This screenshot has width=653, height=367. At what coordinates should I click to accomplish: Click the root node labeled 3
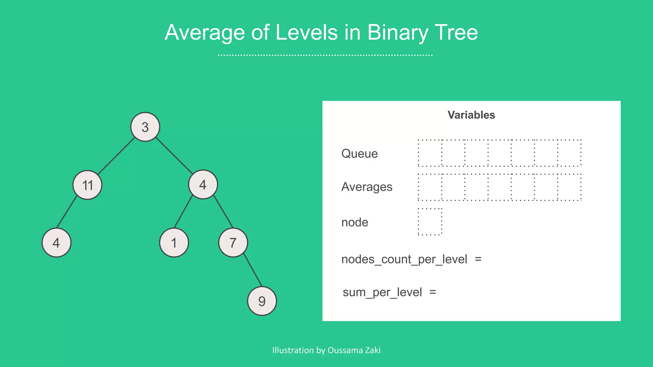145,127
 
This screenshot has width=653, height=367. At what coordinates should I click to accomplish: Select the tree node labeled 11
87,185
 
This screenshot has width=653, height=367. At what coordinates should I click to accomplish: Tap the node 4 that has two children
203,184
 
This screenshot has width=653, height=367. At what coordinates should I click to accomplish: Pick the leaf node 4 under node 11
56,243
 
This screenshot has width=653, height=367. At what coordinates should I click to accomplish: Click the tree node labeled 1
174,243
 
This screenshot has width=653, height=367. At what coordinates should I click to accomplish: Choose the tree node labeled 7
233,243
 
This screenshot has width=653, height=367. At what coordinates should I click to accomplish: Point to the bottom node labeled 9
262,301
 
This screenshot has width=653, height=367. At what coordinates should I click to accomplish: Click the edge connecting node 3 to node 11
116,156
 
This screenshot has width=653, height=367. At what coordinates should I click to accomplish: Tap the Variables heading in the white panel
471,115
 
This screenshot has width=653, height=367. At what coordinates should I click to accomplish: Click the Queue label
359,154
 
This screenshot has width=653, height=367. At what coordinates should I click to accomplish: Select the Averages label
367,187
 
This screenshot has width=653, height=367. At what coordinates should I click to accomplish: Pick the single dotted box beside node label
430,222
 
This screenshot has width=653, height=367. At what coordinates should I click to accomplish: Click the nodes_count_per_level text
404,259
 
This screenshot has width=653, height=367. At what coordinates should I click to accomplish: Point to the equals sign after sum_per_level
433,292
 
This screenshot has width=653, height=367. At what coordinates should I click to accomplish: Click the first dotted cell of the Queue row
430,153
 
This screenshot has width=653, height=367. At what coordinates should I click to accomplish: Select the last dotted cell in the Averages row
569,187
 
